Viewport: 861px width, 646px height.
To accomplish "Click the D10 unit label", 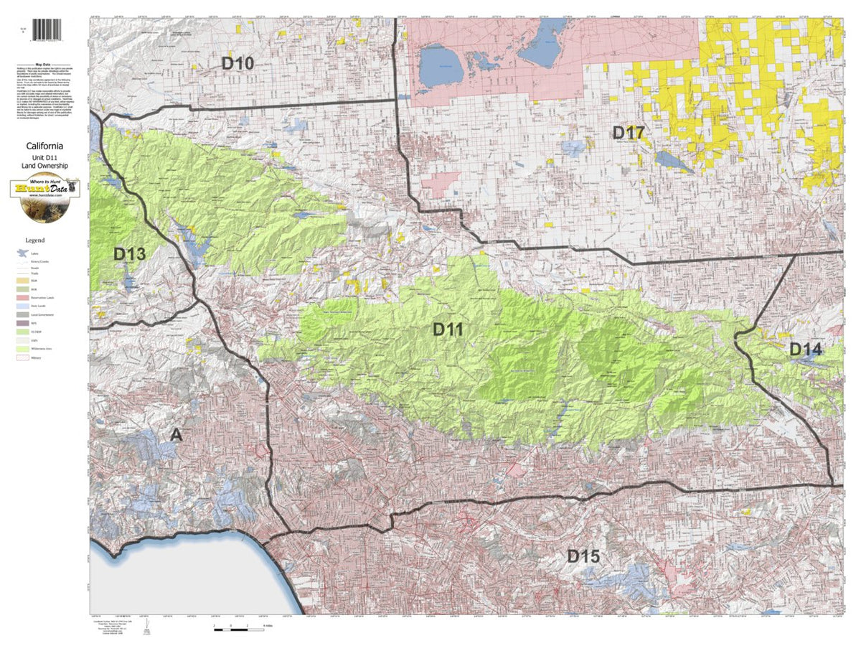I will [x=237, y=63].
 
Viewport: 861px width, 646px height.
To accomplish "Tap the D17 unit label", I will [x=628, y=132].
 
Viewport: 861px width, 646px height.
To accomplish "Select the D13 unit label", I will [x=129, y=254].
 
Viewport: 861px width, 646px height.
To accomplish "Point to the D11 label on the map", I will [x=448, y=330].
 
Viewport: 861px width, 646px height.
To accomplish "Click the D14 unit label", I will [x=806, y=350].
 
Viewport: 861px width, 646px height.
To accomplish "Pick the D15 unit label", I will [x=583, y=556].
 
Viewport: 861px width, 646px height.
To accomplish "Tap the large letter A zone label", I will [x=177, y=435].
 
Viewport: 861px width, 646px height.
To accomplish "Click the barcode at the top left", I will [x=47, y=29].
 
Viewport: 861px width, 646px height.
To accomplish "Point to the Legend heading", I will [x=35, y=240].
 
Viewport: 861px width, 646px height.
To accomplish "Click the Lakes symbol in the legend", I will [x=23, y=253].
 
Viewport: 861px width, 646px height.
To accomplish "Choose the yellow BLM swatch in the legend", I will [x=23, y=281].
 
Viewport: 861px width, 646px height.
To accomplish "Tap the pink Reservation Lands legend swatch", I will [x=23, y=298].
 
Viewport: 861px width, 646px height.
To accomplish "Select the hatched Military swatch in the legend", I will [x=23, y=357].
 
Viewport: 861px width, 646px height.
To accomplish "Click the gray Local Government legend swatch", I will [x=23, y=314].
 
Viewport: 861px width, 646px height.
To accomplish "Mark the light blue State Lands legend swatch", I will [x=23, y=306].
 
